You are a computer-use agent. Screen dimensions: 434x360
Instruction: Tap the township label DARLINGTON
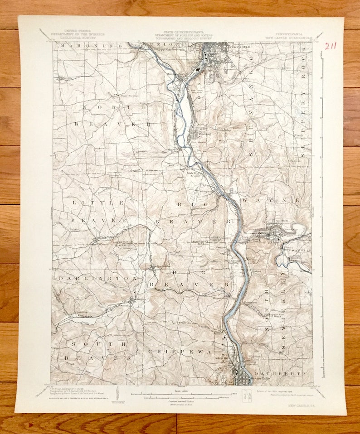[x=86, y=278]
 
